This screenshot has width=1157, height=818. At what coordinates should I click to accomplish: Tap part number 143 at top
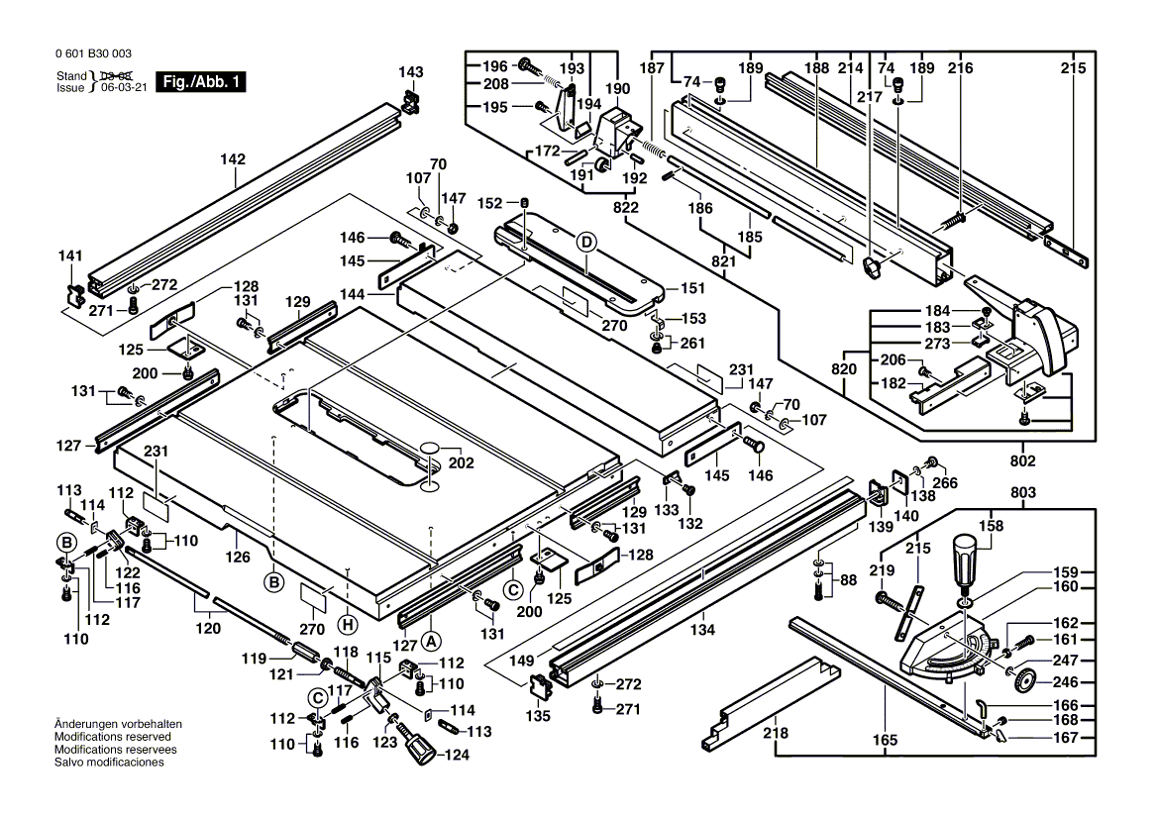pyautogui.click(x=410, y=72)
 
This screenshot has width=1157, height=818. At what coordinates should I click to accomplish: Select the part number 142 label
pyautogui.click(x=233, y=158)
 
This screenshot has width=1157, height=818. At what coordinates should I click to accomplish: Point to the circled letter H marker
pyautogui.click(x=346, y=624)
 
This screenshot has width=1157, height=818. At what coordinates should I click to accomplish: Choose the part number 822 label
pyautogui.click(x=626, y=208)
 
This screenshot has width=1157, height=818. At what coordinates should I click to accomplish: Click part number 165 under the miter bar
pyautogui.click(x=885, y=740)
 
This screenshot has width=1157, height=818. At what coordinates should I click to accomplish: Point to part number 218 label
pyautogui.click(x=776, y=734)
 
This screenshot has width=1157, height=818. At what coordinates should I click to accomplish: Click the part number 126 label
pyautogui.click(x=238, y=557)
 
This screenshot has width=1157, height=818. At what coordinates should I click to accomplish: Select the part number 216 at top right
pyautogui.click(x=960, y=68)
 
